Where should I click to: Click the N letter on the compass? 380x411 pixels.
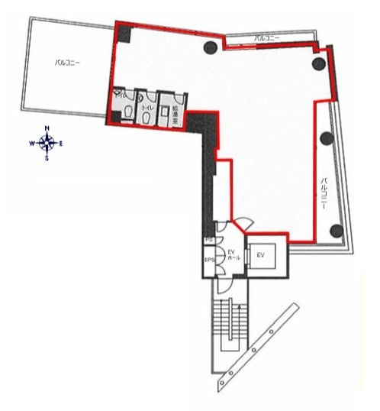pyautogui.click(x=47, y=128)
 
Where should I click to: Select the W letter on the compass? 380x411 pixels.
pyautogui.click(x=32, y=143)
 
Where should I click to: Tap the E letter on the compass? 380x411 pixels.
pyautogui.click(x=61, y=143)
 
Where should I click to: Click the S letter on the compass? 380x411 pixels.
pyautogui.click(x=47, y=158)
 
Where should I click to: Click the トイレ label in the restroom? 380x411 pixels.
pyautogui.click(x=150, y=109)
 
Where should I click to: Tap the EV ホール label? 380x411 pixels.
pyautogui.click(x=232, y=254)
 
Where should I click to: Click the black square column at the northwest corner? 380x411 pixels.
pyautogui.click(x=124, y=34)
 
